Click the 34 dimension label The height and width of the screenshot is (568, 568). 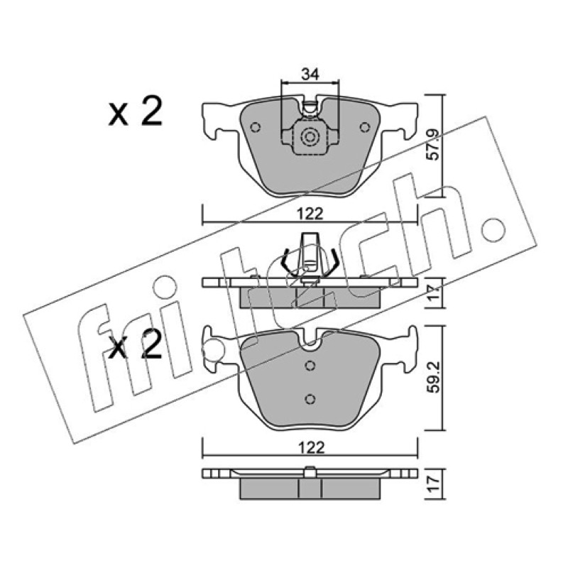pos(310,75)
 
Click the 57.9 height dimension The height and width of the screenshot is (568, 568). pos(435,145)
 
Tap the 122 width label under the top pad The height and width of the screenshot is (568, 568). pos(311,214)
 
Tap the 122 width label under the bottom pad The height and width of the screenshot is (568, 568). pos(311,448)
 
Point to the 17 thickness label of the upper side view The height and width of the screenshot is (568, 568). pos(435,293)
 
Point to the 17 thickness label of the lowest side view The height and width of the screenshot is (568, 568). pos(435,484)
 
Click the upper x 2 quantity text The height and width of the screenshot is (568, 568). pos(135,111)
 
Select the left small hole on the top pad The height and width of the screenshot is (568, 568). pos(256,128)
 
